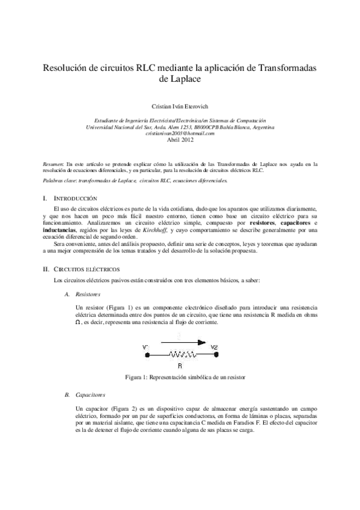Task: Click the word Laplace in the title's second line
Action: tap(180, 79)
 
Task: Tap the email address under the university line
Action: tap(180, 133)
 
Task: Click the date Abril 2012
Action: tap(180, 140)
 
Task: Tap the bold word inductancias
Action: tap(61, 230)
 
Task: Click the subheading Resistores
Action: tap(88, 293)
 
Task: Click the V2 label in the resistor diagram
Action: tap(215, 346)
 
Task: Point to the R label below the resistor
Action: tap(180, 366)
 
